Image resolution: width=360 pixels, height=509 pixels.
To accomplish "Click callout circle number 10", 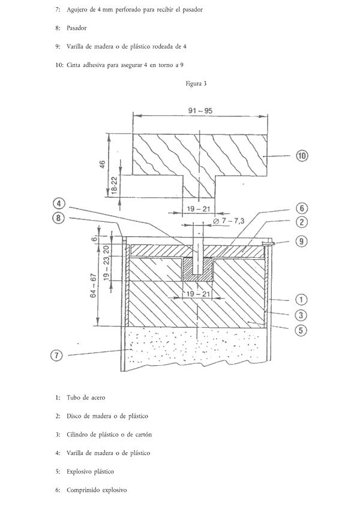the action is click(x=302, y=156).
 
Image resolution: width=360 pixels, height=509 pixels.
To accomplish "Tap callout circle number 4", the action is click(x=59, y=204).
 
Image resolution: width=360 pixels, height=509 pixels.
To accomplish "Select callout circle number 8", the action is click(x=58, y=218).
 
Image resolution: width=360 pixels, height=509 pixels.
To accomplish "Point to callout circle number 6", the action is click(x=302, y=209).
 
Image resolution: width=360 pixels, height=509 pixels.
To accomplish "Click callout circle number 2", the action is click(x=302, y=222).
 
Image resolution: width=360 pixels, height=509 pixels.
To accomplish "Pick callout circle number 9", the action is click(x=302, y=241).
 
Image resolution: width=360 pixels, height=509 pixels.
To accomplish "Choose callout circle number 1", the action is click(x=301, y=299).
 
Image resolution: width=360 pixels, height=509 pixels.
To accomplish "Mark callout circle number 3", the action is click(x=301, y=315).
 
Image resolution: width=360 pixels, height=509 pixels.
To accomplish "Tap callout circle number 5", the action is click(x=301, y=330).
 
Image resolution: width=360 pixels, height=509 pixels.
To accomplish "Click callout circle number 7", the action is click(x=56, y=356).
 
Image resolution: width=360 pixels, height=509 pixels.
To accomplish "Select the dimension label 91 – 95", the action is click(x=200, y=111).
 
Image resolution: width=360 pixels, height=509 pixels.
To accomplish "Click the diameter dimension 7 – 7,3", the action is click(x=229, y=221).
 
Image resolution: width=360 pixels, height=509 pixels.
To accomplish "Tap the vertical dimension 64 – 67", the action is click(x=94, y=286).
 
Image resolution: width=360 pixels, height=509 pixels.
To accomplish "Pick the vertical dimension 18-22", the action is click(x=115, y=185).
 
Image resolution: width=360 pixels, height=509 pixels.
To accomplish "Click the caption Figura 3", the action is click(x=196, y=84).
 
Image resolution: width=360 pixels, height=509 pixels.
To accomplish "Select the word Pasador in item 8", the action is click(x=77, y=28).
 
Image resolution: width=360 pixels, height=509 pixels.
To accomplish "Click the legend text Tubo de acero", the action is click(x=86, y=397).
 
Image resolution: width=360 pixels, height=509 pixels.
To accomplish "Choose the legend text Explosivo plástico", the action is click(x=91, y=472).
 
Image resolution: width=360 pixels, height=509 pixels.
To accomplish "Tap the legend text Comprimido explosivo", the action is click(x=97, y=490).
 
